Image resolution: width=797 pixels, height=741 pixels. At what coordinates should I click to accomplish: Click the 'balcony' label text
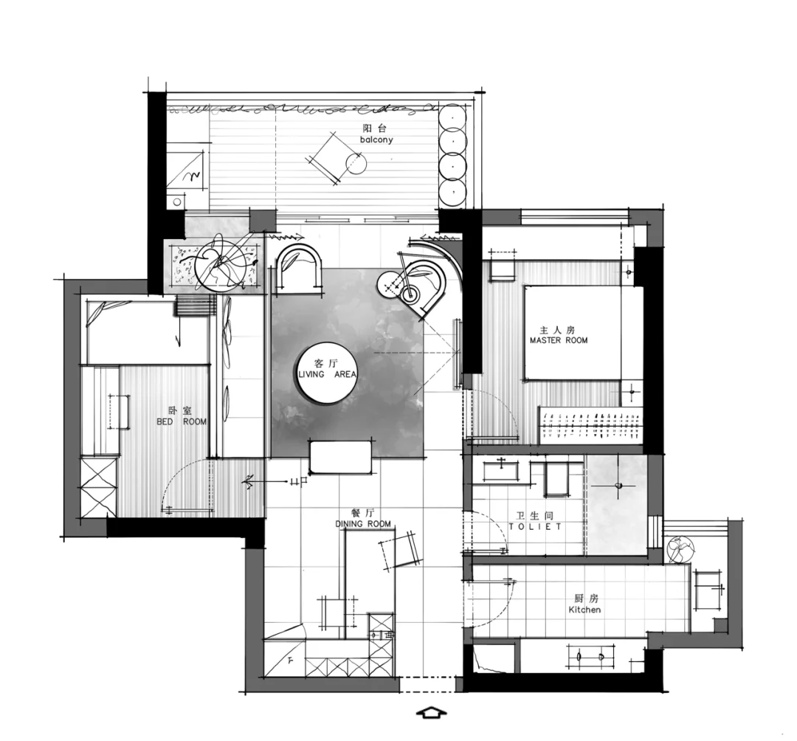(376, 139)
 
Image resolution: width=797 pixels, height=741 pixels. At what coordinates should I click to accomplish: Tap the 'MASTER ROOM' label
(559, 340)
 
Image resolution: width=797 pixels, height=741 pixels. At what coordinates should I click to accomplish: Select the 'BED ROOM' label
(182, 422)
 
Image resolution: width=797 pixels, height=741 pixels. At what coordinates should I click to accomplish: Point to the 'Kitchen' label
(584, 610)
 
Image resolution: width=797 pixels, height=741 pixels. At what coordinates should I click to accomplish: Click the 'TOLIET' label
(535, 526)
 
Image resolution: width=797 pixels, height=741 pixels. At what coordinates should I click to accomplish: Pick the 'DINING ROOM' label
(363, 523)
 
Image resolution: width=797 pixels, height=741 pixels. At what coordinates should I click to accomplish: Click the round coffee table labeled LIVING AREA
(328, 375)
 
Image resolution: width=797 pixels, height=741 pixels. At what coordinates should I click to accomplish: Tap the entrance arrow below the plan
(431, 712)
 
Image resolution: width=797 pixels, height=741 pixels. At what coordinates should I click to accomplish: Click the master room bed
(573, 333)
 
